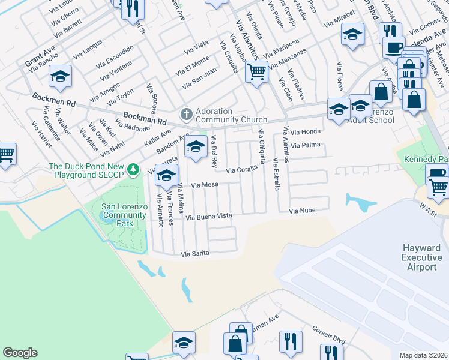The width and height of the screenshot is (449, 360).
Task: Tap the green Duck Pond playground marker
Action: pyautogui.click(x=137, y=170)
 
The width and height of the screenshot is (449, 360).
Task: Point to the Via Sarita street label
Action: pyautogui.click(x=195, y=254)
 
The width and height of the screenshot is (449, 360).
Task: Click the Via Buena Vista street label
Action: pyautogui.click(x=208, y=216)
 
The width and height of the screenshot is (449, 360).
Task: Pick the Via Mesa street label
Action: pyautogui.click(x=203, y=185)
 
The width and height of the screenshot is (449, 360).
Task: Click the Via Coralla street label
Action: pyautogui.click(x=241, y=171)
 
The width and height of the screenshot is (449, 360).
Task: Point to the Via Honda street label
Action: pyautogui.click(x=307, y=131)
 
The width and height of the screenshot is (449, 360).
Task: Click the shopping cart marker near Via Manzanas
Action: pyautogui.click(x=256, y=71)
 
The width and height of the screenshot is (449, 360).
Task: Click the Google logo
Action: pyautogui.click(x=20, y=353)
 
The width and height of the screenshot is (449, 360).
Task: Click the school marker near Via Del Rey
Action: pyautogui.click(x=195, y=147)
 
